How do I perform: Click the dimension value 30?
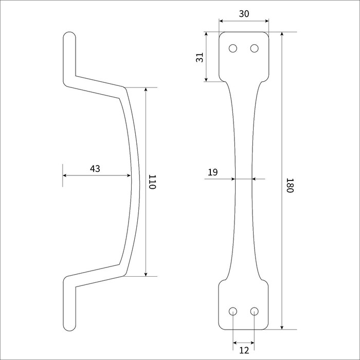coord(244,14)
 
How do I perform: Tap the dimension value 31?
coord(200,57)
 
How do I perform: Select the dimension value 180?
coord(290,185)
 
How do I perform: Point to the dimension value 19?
coord(212,172)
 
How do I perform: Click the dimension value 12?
coord(244,350)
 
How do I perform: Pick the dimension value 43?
coord(95,169)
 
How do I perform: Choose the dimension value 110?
coord(152,182)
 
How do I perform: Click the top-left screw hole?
coord(233,48)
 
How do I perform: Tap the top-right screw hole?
coord(254,48)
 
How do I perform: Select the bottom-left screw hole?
coord(233,311)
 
